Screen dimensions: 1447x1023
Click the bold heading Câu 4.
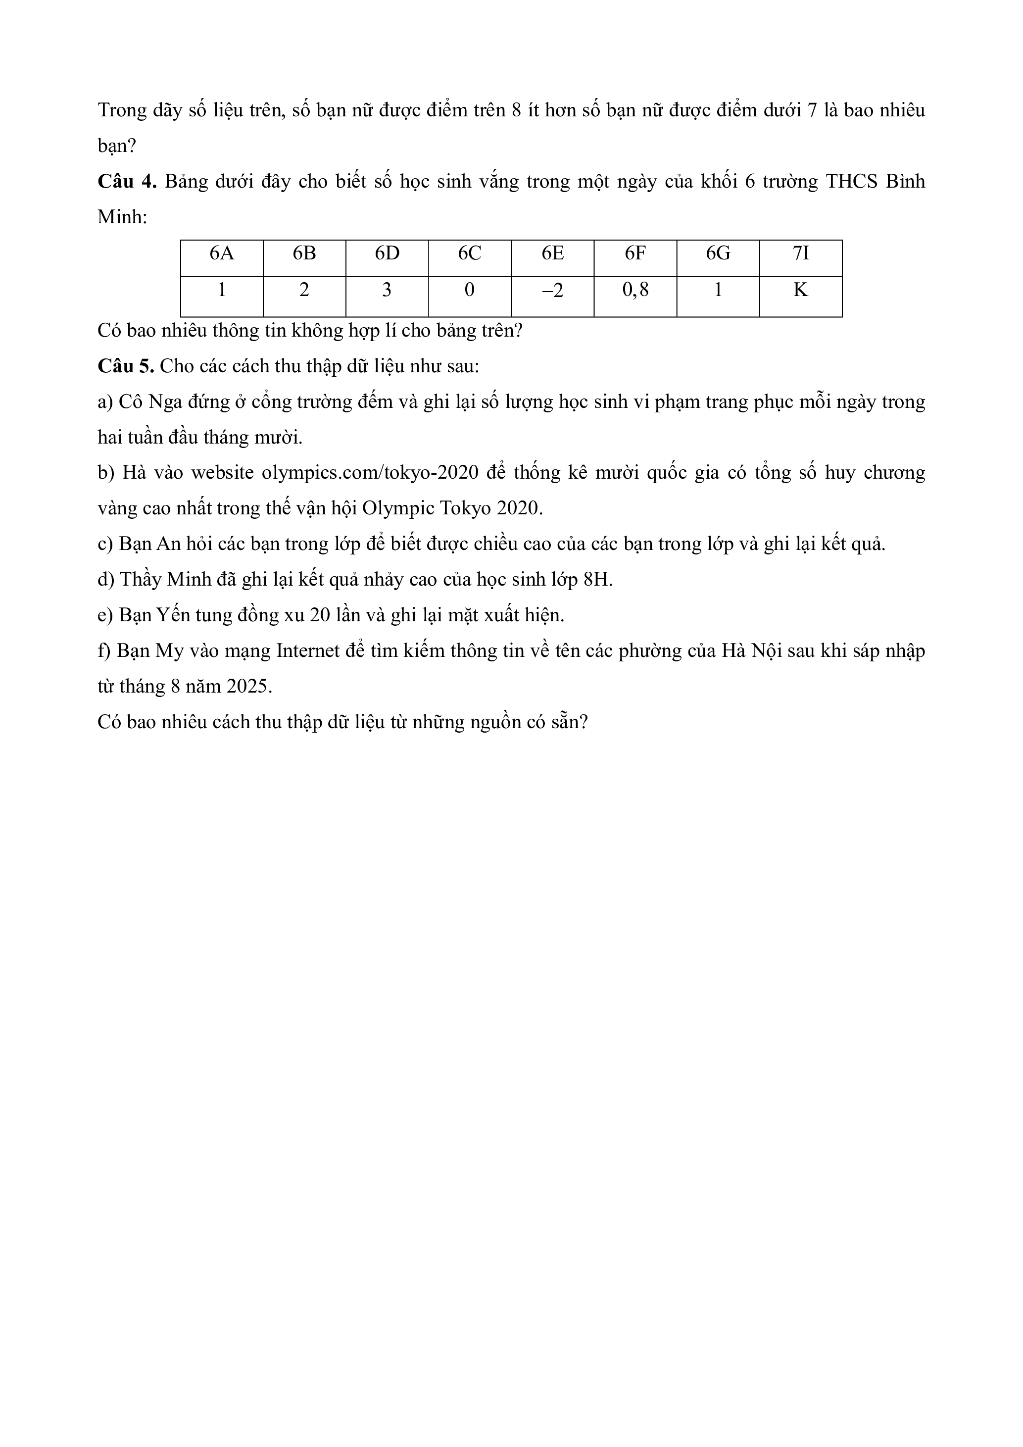(127, 182)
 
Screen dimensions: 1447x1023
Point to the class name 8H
(598, 579)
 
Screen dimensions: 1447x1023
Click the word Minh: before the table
(122, 217)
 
